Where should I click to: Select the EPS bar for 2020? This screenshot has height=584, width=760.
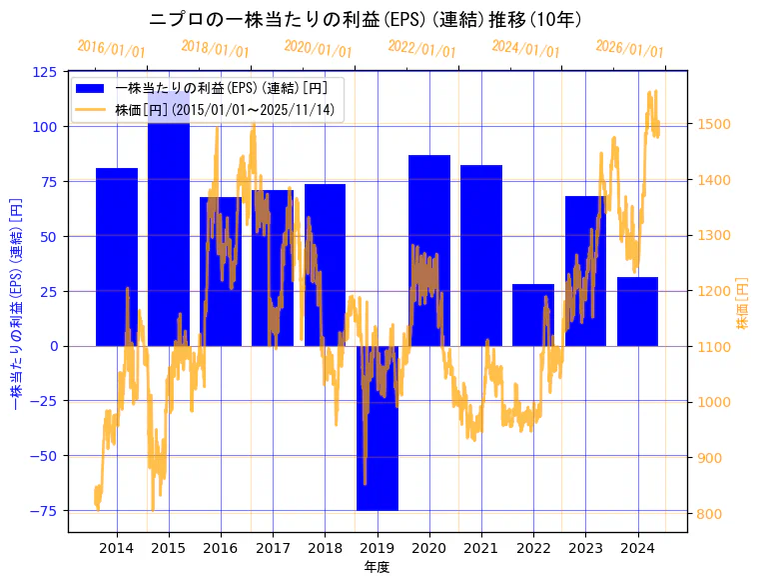click(x=429, y=250)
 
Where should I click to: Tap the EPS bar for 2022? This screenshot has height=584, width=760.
click(x=533, y=315)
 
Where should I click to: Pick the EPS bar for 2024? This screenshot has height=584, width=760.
click(x=637, y=311)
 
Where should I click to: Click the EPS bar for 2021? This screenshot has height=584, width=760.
click(x=481, y=255)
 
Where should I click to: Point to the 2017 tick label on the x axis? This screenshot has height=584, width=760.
click(x=273, y=548)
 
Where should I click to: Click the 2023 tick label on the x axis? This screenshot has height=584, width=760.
click(x=585, y=548)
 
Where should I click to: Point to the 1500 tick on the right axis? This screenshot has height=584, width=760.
click(x=716, y=125)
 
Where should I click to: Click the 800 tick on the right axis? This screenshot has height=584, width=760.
click(x=712, y=514)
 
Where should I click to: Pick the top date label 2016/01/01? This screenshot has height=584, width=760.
click(x=111, y=49)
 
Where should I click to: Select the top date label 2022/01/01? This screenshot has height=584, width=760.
click(x=421, y=49)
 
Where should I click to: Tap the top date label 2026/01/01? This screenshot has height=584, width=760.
click(x=629, y=49)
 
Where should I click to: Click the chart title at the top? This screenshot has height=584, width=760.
click(x=366, y=19)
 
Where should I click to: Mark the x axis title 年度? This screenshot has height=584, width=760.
click(x=377, y=567)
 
